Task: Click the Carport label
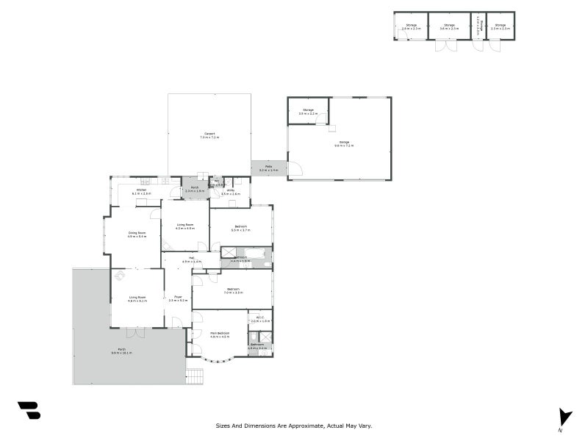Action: tap(209, 135)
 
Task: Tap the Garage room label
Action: tap(344, 143)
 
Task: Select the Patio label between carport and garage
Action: tap(270, 168)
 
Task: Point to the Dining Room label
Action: tap(137, 234)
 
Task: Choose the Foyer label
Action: tap(178, 298)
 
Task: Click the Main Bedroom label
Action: tap(220, 334)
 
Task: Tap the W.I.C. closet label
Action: tap(260, 319)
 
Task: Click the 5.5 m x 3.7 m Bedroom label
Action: tap(240, 228)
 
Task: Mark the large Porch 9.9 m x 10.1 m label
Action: tap(121, 351)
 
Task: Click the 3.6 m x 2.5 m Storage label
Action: tap(448, 26)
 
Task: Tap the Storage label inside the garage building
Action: tap(307, 112)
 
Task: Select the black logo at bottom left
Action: tap(29, 410)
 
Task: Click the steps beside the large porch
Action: tap(194, 376)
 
